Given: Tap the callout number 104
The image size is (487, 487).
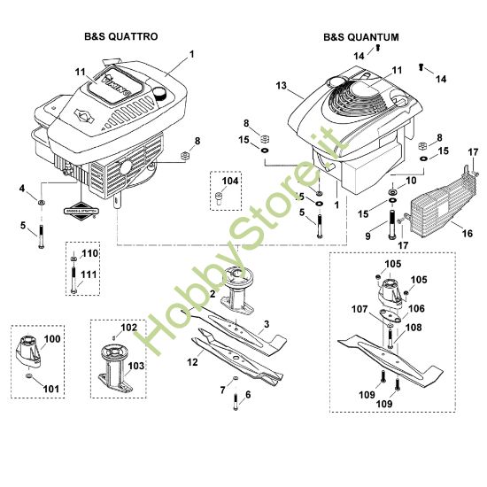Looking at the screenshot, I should click(x=230, y=181).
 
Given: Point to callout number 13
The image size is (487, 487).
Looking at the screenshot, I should click(x=282, y=86).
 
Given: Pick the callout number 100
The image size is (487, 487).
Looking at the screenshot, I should click(x=52, y=339).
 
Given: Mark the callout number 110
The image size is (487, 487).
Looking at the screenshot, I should click(x=89, y=254).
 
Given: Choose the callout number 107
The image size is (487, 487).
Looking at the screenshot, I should click(x=359, y=309).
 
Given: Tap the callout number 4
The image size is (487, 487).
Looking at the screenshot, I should click(x=21, y=188).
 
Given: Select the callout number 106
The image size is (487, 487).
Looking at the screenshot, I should click(x=415, y=308).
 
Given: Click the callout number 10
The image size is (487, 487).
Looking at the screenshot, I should click(x=409, y=181).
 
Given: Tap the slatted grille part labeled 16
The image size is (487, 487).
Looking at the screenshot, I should click(x=437, y=203).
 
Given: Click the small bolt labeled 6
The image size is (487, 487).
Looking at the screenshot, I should click(x=236, y=404).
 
